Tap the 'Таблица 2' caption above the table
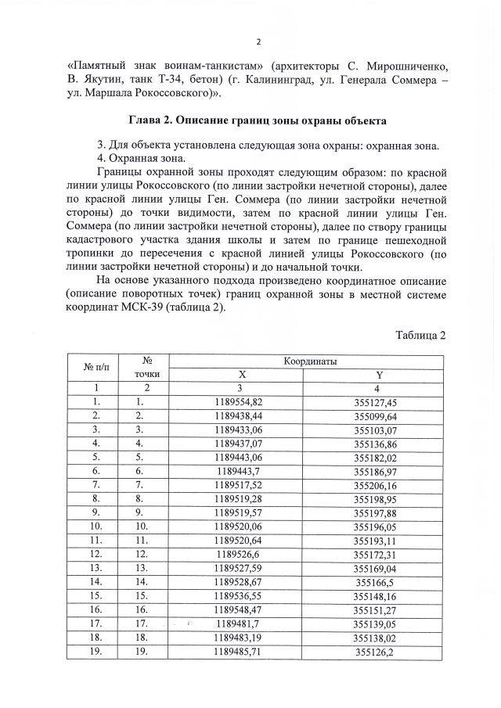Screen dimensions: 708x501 [x=420, y=336]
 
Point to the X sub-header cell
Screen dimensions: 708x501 [x=242, y=375]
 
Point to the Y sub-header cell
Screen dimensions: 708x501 [x=377, y=375]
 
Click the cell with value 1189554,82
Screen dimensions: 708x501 [x=242, y=401]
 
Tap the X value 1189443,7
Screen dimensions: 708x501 [x=242, y=471]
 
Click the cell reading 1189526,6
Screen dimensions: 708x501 [x=242, y=555]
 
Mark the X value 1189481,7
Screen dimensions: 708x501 [x=242, y=624]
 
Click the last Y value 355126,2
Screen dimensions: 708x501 [x=377, y=652]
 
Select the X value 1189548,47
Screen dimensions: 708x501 [x=242, y=610]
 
